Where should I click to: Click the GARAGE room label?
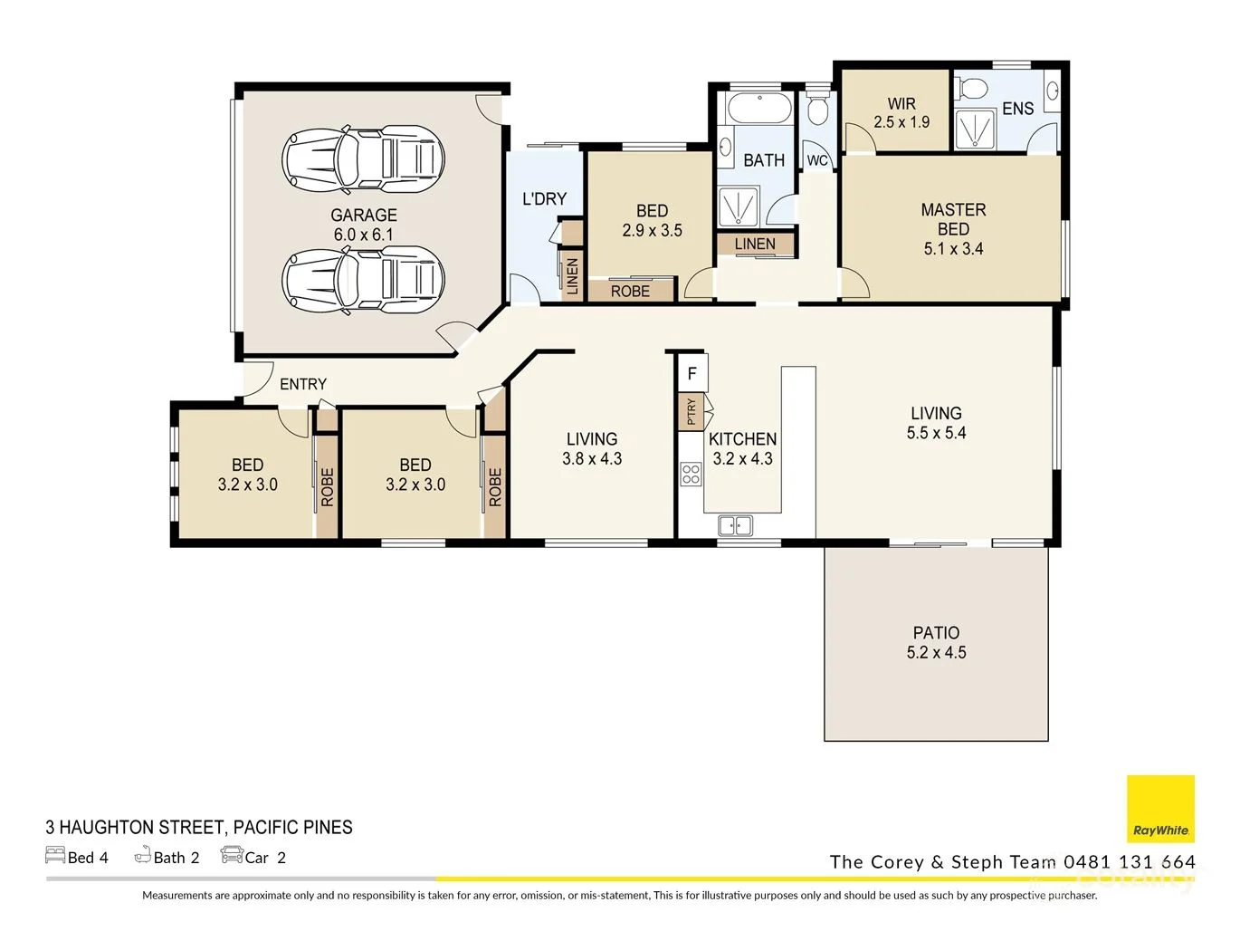point(363,216)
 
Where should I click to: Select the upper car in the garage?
point(363,159)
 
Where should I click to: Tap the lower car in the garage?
point(363,280)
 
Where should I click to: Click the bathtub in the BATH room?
point(759,109)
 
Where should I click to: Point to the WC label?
point(817,160)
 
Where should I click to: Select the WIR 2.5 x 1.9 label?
point(901,113)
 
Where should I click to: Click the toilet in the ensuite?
point(972,90)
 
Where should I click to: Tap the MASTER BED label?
point(953,219)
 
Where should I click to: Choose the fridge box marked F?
point(692,373)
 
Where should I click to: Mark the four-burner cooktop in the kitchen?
point(691,474)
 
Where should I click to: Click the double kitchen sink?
point(735,525)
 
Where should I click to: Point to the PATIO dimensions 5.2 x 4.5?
point(936,653)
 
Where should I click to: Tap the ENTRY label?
point(302,384)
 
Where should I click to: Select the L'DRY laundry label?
point(544,199)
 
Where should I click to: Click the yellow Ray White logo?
point(1160,809)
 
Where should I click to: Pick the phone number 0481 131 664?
point(1130,862)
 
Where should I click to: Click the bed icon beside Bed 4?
point(55,855)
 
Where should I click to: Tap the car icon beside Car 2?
point(232,855)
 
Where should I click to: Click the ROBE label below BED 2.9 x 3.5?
point(630,292)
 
